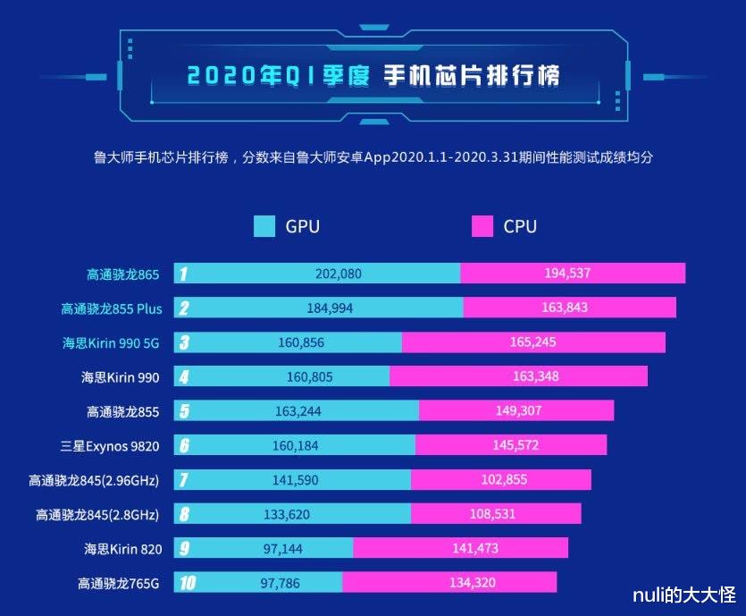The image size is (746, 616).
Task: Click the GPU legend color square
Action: [264, 226]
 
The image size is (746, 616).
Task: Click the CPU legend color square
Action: [482, 226]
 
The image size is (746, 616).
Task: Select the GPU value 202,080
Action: [338, 274]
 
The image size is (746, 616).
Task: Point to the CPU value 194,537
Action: [567, 274]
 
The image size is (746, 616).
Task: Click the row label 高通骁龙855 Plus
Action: [112, 308]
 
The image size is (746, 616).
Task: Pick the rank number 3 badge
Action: [183, 342]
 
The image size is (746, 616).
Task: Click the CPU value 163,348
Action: [535, 376]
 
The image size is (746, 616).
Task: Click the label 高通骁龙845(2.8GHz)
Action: [97, 514]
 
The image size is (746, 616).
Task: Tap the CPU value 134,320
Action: [472, 583]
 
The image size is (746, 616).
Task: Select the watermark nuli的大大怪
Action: [683, 595]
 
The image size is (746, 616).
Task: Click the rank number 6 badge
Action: [183, 445]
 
